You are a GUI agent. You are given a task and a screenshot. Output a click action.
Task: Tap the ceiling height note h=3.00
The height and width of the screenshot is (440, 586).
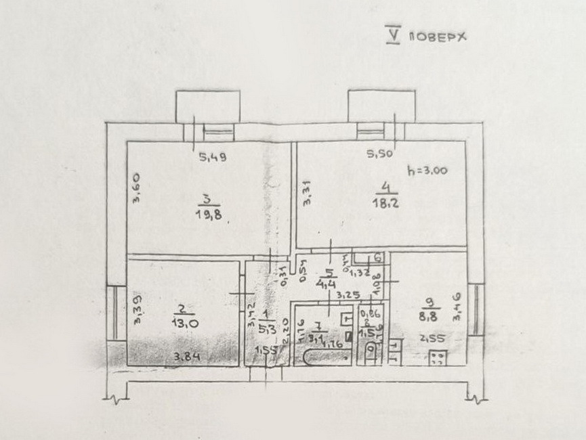click(427, 171)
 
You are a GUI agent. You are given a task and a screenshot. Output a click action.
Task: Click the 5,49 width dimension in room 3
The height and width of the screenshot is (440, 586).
click(212, 158)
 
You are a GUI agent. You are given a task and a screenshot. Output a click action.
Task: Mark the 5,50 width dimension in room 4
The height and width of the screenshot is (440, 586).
click(380, 154)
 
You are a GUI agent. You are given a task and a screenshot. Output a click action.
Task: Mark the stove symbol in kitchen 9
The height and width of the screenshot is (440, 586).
click(437, 357)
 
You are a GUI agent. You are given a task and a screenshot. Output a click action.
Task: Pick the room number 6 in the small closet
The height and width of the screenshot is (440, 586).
click(377, 257)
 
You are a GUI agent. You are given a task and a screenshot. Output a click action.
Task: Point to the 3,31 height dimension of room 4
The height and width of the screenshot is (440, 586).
click(307, 195)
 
